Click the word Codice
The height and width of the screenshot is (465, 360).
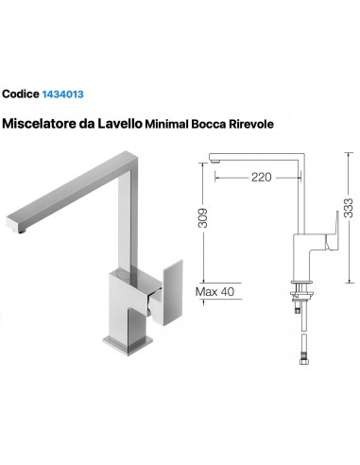21,95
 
